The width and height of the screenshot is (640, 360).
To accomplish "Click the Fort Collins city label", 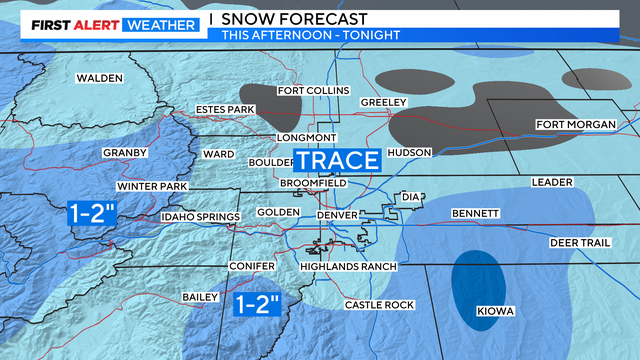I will coord(313,91).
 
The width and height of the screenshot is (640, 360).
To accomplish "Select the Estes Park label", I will coord(226,110).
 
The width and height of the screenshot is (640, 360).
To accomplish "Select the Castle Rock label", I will coord(377,304).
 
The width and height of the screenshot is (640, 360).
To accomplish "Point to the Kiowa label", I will coord(495,312).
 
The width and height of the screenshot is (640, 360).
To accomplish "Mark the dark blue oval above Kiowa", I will coord(477,284).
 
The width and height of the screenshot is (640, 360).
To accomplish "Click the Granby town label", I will coord(124,153).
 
